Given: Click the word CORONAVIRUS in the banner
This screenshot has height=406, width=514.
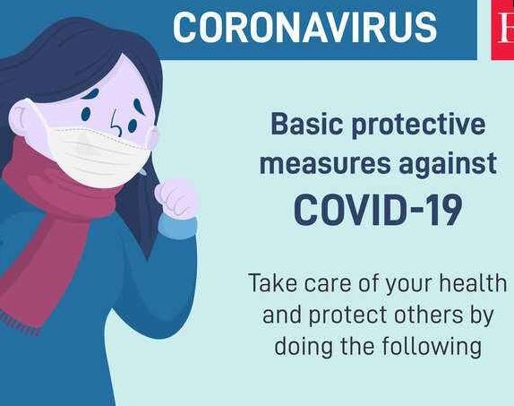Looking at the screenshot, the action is coord(304,28).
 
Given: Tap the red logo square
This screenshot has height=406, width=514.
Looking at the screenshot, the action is coord(502,30).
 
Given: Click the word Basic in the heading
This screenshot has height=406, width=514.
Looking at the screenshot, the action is coord(307,124).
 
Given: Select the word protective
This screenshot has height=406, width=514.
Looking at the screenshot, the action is coord(418,126).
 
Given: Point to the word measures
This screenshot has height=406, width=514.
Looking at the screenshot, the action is coord(325,163).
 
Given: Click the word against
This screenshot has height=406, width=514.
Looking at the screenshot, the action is coord(448,165).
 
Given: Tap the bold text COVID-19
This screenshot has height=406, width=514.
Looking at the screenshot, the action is coord(378,210).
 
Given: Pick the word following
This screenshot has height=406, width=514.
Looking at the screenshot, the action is coord(432,348).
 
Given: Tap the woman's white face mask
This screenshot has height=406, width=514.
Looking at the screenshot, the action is coord(99,153).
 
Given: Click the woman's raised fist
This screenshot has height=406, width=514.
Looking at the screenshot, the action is coord(177,198).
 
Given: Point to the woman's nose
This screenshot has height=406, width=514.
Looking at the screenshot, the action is coord(116,124).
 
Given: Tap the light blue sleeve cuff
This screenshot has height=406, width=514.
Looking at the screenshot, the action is coord(177,227).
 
